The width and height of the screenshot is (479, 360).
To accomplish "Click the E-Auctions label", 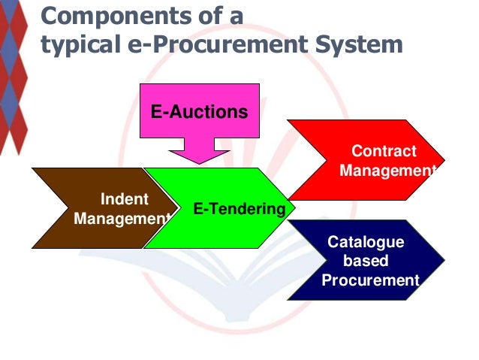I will click(199, 112).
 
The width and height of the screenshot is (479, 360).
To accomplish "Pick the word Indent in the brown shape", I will click(124, 199).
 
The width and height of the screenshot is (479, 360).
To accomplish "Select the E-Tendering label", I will click(239, 208).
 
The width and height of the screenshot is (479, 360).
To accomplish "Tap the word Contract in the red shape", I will click(384, 151).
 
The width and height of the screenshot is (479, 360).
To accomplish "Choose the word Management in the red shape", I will click(387, 171).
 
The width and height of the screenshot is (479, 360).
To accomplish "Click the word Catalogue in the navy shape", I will click(366, 242).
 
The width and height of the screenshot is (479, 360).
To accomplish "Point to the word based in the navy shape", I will click(366, 261).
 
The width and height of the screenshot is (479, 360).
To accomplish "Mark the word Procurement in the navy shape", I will click(370, 280).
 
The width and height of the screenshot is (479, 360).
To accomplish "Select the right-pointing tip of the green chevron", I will click(294, 207).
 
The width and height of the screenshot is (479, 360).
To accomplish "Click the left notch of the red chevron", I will click(326, 159).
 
